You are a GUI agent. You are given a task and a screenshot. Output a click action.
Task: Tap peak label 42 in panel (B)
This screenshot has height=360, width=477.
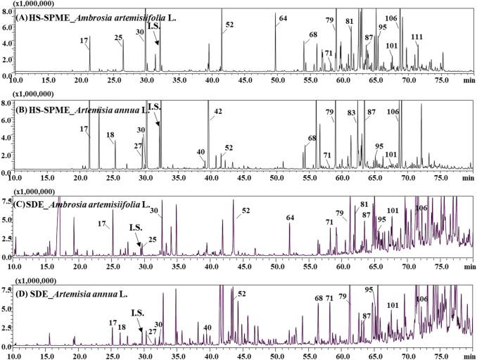pyautogui.click(x=218, y=112)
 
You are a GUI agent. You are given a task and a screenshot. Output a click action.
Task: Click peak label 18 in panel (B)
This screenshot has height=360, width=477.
pyautogui.click(x=110, y=134)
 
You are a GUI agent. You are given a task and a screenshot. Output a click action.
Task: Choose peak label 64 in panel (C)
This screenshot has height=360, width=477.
pyautogui.click(x=290, y=217)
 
